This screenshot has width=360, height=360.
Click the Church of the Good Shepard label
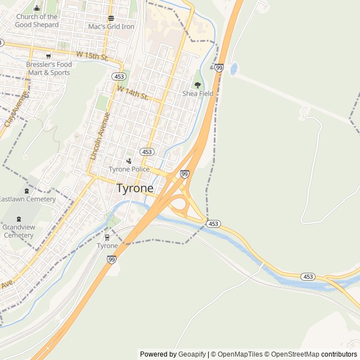pos(37,21)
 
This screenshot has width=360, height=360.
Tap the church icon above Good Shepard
pos(37,8)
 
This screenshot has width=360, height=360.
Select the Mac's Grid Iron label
pos(111,26)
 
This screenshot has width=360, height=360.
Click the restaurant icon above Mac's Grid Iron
pos(111,18)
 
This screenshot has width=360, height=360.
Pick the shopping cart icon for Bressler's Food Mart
pos(48,56)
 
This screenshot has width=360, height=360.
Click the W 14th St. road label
pos(132,93)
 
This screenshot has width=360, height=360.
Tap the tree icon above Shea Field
pos(197,85)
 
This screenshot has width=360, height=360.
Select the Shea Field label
pos(198,93)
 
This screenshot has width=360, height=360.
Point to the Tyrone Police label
pos(129,169)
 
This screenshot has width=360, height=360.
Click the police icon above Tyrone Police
pos(129,161)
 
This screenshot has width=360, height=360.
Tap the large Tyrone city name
pos(135,188)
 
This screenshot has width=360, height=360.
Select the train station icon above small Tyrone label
pos(107,237)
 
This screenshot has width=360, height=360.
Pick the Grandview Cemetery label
pos(19,231)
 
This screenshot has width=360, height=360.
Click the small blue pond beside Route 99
pos(234,70)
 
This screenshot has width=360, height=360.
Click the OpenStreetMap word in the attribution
pos(292,354)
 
